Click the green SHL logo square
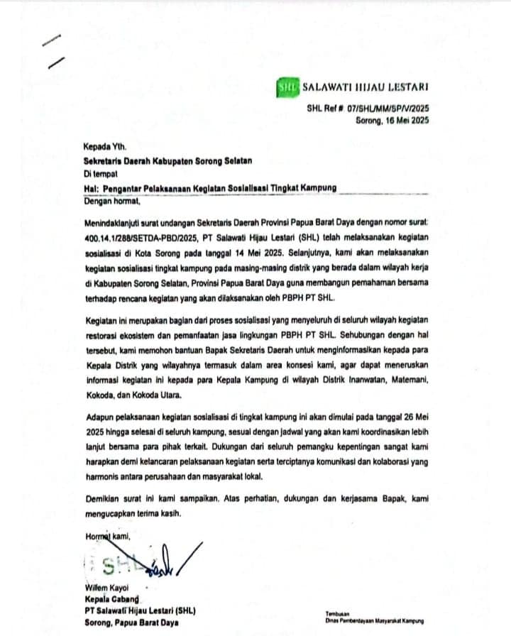288,89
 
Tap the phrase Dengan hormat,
112,201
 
